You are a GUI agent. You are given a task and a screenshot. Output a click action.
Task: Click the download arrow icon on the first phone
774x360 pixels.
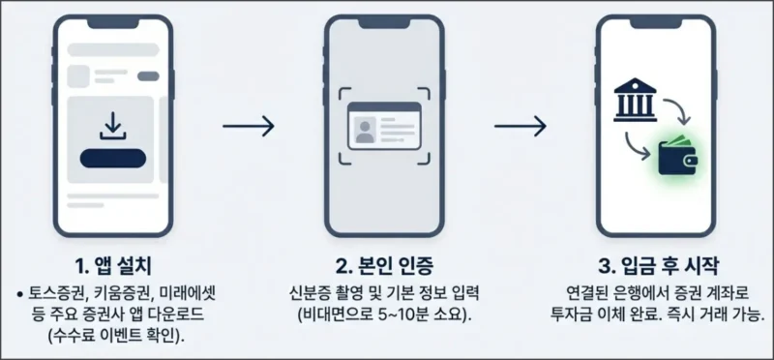pyautogui.click(x=113, y=125)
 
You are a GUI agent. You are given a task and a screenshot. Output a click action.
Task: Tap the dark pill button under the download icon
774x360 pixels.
pyautogui.click(x=113, y=159)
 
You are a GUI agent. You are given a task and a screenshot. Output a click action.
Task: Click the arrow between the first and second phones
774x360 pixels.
pyautogui.click(x=248, y=126)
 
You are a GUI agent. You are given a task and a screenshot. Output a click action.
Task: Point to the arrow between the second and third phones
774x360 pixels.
pyautogui.click(x=521, y=126)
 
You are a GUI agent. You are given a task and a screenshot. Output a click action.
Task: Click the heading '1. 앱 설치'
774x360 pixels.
pyautogui.click(x=113, y=266)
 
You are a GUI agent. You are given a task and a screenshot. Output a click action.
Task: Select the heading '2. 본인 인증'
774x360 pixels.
pyautogui.click(x=384, y=266)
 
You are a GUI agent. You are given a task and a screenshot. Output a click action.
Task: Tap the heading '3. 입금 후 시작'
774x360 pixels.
pyautogui.click(x=657, y=266)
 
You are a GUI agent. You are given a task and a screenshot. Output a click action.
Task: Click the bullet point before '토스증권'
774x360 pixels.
pyautogui.click(x=20, y=292)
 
